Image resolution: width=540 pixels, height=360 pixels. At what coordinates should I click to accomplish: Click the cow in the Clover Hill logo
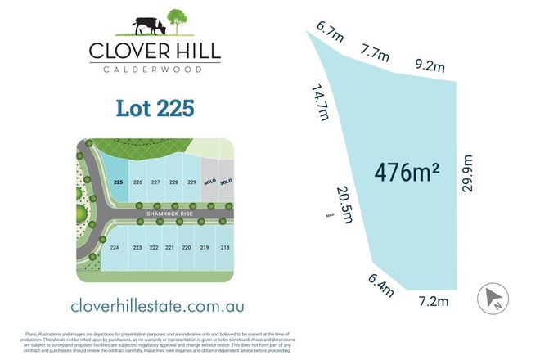(x=148, y=26)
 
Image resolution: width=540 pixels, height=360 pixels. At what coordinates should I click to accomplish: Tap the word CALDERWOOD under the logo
(x=154, y=70)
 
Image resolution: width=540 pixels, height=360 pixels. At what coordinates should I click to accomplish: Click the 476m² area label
(x=407, y=173)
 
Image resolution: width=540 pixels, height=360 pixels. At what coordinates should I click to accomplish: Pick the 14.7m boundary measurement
(x=320, y=101)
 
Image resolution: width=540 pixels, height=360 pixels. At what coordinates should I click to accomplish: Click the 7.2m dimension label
(x=433, y=301)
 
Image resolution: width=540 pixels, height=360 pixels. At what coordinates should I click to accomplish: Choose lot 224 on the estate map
(x=115, y=247)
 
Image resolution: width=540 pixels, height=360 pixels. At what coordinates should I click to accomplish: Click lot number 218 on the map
(x=224, y=247)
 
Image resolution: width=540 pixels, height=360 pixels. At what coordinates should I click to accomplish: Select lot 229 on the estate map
(x=192, y=182)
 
